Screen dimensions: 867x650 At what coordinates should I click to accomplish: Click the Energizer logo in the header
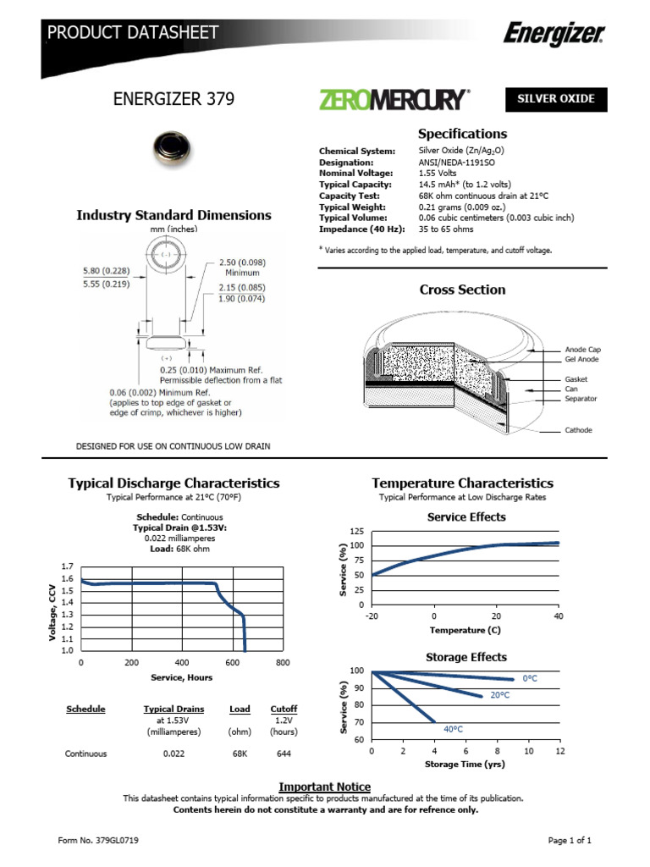pyautogui.click(x=554, y=34)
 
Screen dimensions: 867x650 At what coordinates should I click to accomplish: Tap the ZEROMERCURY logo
pyautogui.click(x=392, y=100)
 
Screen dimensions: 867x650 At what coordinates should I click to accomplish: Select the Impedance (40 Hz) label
pyautogui.click(x=361, y=229)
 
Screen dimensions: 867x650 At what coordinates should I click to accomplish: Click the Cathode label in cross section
pyautogui.click(x=578, y=430)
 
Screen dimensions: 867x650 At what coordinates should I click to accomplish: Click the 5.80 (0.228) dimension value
pyautogui.click(x=107, y=270)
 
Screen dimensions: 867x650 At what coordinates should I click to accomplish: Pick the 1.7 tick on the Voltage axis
pyautogui.click(x=67, y=566)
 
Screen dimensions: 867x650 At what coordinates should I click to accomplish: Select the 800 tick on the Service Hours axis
pyautogui.click(x=283, y=663)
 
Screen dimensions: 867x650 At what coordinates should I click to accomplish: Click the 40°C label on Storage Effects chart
pyautogui.click(x=453, y=728)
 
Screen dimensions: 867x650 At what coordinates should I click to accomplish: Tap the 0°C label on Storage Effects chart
pyautogui.click(x=531, y=679)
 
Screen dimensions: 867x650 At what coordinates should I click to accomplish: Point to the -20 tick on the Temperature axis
pyautogui.click(x=372, y=616)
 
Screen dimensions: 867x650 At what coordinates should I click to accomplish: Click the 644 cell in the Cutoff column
pyautogui.click(x=284, y=754)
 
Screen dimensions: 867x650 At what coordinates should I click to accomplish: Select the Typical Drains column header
pyautogui.click(x=171, y=709)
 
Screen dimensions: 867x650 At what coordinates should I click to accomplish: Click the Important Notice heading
pyautogui.click(x=325, y=787)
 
